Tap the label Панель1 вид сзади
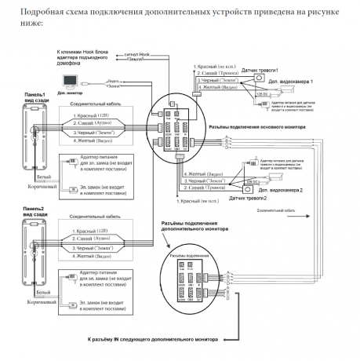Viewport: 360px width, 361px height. (x=40, y=97)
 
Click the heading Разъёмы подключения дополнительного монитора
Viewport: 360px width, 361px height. (x=193, y=228)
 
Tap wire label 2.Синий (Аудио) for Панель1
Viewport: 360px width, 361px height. (x=94, y=125)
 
